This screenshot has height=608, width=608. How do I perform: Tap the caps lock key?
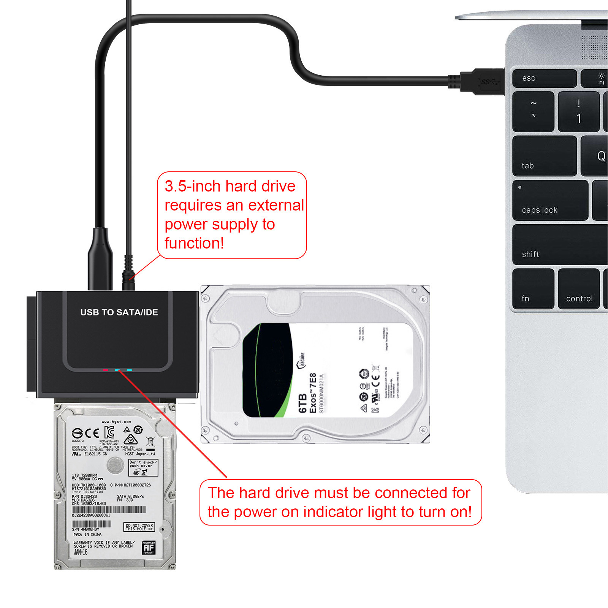(x=549, y=201)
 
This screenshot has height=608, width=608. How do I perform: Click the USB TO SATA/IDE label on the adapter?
(x=119, y=312)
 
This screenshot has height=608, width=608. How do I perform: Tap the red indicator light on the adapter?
(x=105, y=370)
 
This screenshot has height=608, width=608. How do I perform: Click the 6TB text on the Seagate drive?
(x=302, y=403)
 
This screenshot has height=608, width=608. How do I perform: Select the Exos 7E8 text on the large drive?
(x=313, y=393)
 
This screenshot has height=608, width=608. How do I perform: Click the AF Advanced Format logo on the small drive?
(x=149, y=548)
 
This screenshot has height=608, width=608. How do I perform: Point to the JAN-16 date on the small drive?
(x=81, y=552)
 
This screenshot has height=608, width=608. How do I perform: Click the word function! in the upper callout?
(x=194, y=243)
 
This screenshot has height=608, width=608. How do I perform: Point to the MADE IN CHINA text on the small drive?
(x=87, y=534)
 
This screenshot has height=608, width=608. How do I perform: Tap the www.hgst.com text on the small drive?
(x=116, y=421)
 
